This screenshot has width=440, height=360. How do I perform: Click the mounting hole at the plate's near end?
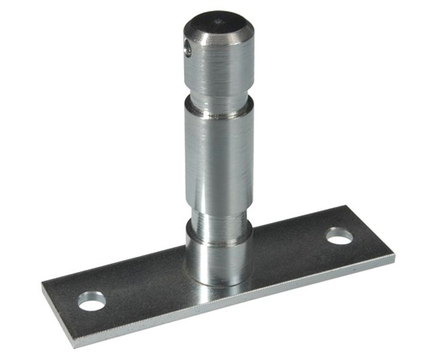pos(91,302)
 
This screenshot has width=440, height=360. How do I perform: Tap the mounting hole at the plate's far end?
pos(339,237)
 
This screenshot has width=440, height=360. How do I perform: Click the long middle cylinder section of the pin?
pos(218,160)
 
